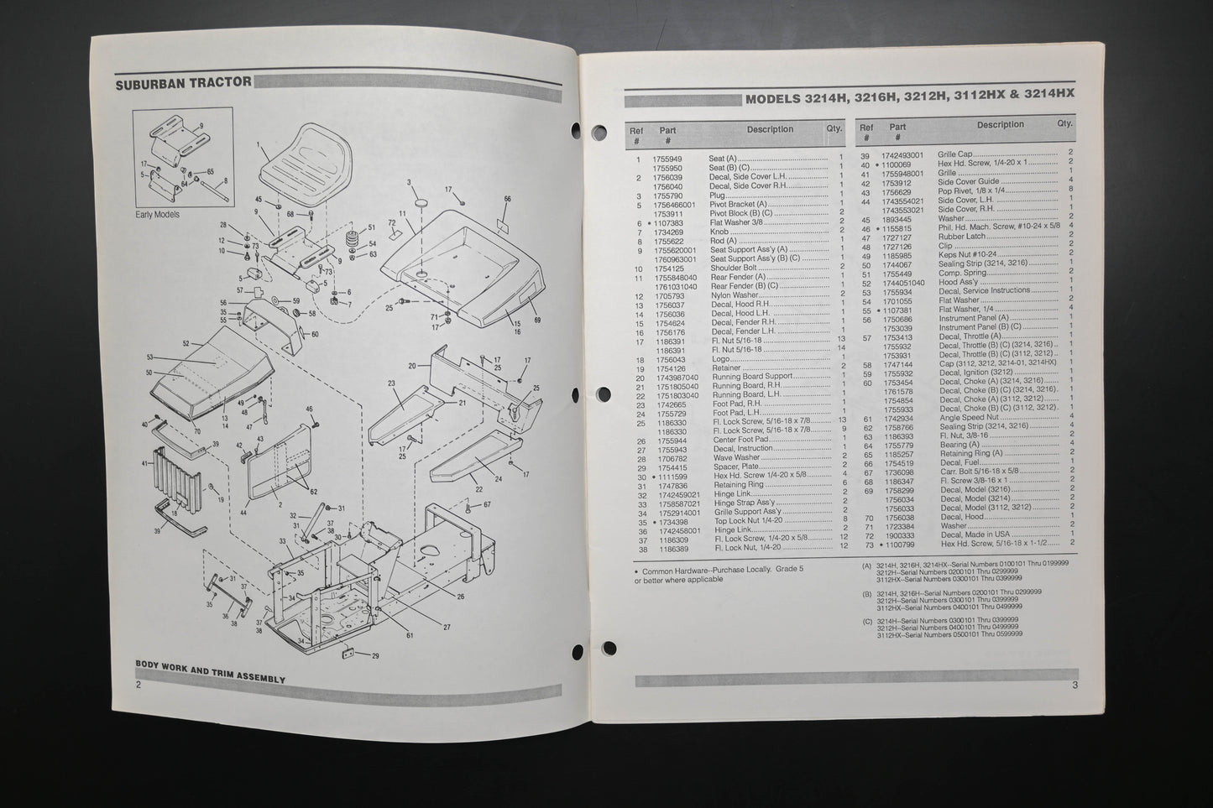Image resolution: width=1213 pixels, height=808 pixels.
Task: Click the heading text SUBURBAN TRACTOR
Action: [x=183, y=81]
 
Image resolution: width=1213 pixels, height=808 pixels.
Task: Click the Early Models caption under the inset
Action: [x=157, y=215]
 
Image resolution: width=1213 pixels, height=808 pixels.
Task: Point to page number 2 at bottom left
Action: [x=139, y=685]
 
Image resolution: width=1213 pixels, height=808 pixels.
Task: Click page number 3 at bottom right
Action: [x=1074, y=685]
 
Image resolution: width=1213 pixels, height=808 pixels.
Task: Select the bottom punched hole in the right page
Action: [x=609, y=647]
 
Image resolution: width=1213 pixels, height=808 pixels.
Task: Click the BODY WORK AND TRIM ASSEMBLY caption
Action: [x=210, y=678]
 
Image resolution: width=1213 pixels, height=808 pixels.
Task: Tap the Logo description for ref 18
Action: [x=721, y=358]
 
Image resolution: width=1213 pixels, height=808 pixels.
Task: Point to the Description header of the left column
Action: [x=770, y=129]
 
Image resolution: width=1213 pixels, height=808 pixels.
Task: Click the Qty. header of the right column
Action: [x=1064, y=123]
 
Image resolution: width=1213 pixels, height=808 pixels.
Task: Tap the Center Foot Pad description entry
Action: [x=740, y=440]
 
